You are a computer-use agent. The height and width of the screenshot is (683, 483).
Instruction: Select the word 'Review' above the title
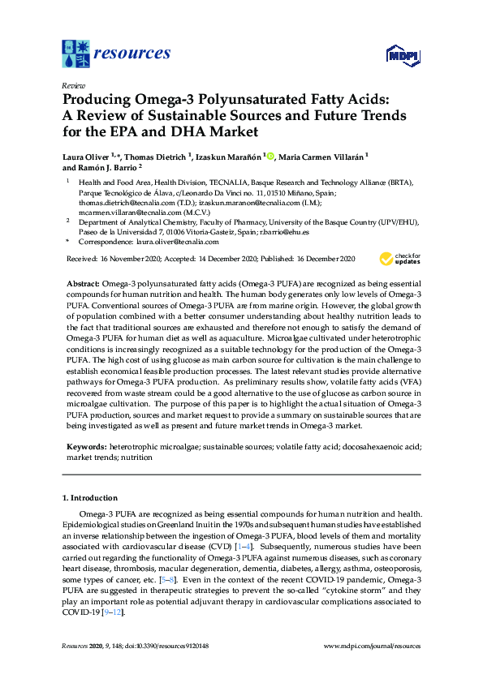click(x=72, y=85)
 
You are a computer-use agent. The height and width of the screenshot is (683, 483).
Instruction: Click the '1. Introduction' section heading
click(x=90, y=498)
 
